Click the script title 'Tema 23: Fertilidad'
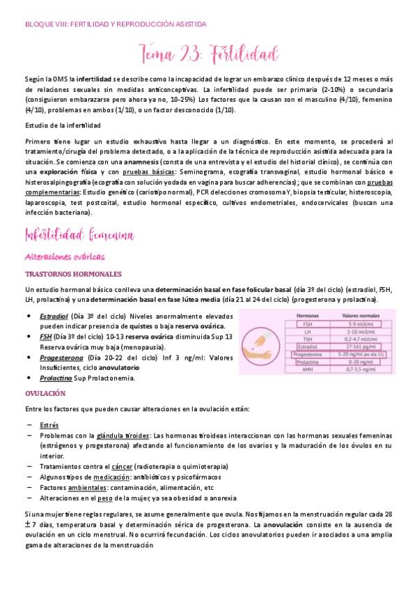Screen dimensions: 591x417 click(x=210, y=54)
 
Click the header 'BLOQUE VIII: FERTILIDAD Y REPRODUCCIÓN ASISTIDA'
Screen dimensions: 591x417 click(x=115, y=24)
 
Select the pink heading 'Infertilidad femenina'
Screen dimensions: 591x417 click(x=79, y=235)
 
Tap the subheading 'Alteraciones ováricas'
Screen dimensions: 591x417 click(x=64, y=256)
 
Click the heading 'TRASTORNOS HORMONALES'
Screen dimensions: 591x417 click(x=73, y=274)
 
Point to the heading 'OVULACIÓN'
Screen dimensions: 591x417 click(x=45, y=393)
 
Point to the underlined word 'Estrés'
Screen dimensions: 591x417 click(x=49, y=424)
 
